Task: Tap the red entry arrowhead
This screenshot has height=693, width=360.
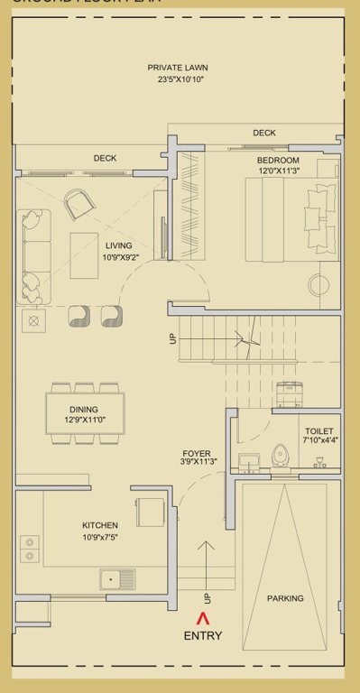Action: point(202,618)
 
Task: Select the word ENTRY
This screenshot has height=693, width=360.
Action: point(202,635)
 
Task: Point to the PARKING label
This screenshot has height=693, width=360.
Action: point(285,598)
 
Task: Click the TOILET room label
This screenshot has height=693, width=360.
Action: point(319,431)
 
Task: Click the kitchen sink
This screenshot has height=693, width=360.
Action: point(117,577)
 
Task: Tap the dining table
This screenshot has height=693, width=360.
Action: point(86,415)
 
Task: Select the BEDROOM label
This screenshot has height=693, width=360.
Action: point(278,160)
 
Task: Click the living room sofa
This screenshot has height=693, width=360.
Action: point(34,255)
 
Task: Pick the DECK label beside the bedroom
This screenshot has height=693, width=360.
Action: point(264,133)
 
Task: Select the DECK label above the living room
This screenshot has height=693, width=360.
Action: point(106,159)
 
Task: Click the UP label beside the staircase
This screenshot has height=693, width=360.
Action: point(172,340)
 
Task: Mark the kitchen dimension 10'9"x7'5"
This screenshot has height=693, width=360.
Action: point(101,537)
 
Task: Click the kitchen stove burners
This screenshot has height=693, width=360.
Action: point(31,550)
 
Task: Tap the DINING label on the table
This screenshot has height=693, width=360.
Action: point(83,410)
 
